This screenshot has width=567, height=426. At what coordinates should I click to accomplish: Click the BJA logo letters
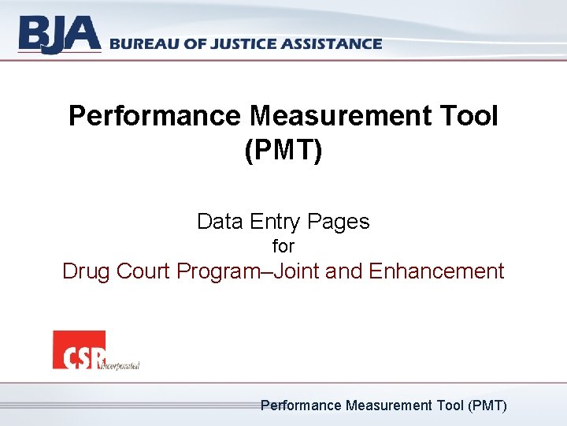[60, 35]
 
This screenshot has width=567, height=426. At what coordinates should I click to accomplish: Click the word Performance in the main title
[155, 117]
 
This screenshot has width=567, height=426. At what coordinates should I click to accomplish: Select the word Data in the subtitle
[220, 222]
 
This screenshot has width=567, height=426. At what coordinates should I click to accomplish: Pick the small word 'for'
[283, 246]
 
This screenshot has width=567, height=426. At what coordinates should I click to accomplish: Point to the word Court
[143, 271]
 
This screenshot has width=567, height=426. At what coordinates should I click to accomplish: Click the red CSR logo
[79, 349]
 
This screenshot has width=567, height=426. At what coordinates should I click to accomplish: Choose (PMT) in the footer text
[487, 405]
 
